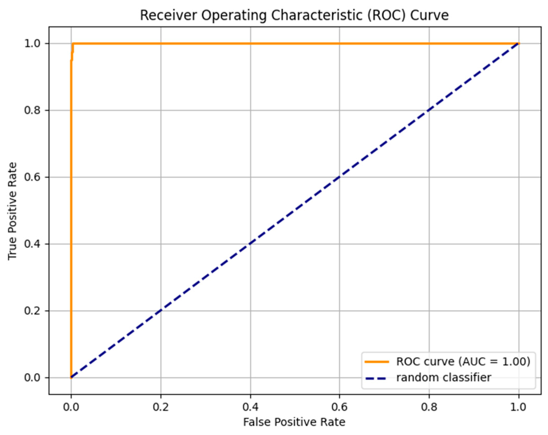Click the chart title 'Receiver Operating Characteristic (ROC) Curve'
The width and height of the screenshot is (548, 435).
(x=294, y=15)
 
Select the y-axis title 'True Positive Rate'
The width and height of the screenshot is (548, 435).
(x=12, y=211)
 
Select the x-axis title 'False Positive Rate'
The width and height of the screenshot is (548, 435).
(x=294, y=422)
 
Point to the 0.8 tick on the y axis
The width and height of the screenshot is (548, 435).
(x=33, y=110)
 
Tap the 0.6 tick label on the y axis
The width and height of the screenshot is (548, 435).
(x=33, y=177)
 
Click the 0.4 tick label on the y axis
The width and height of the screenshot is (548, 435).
(x=33, y=244)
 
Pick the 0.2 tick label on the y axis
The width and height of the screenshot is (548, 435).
(x=33, y=311)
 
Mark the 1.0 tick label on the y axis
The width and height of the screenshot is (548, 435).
(x=33, y=44)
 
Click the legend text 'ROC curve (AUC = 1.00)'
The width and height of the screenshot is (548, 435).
(x=463, y=361)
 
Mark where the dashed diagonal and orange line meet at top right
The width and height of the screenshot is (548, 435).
(x=519, y=44)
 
